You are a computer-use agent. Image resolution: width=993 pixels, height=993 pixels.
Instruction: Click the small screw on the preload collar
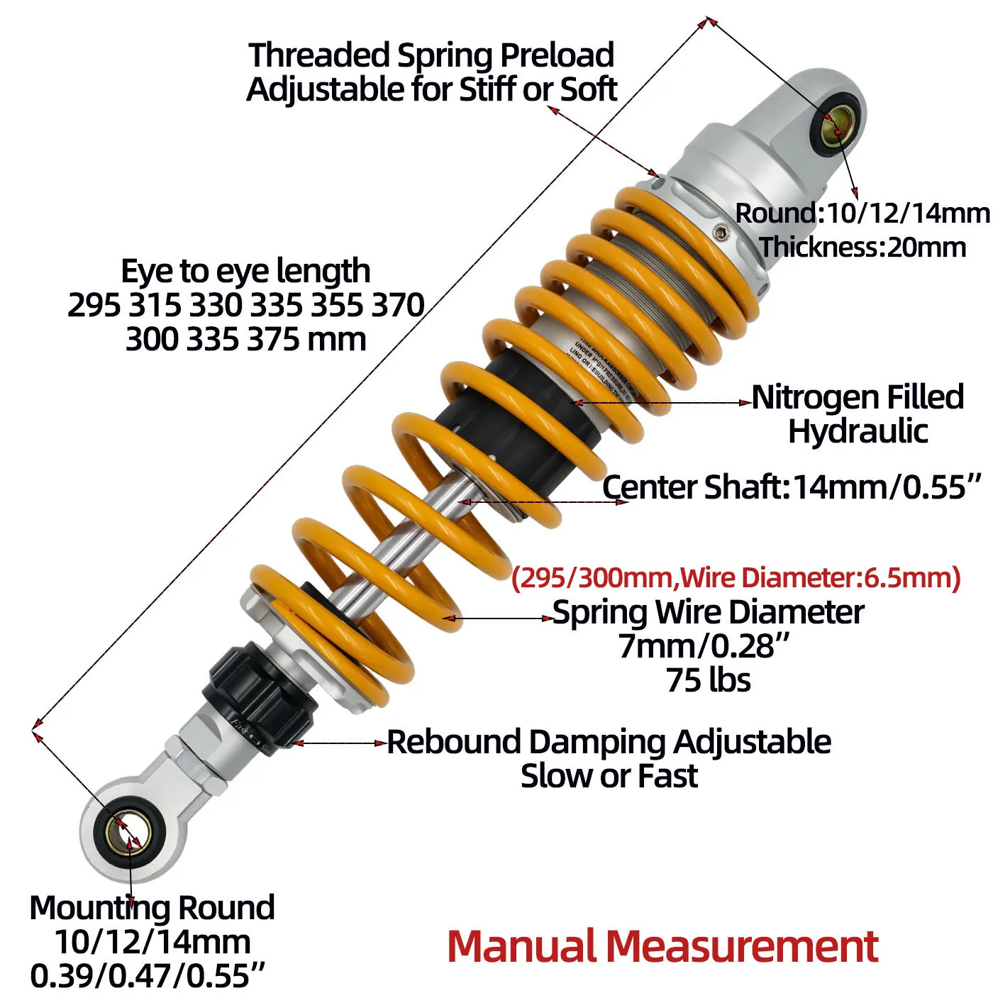tap(720, 231)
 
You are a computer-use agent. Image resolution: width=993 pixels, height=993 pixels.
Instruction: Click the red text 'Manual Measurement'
tap(662, 946)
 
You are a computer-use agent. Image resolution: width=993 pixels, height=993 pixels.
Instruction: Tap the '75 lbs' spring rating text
tap(708, 679)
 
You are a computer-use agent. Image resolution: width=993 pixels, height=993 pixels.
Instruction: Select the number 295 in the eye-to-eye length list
tap(94, 305)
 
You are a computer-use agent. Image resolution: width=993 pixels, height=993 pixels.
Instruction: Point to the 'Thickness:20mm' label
tap(862, 248)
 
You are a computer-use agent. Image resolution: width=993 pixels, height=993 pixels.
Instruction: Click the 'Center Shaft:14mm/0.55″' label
tap(792, 487)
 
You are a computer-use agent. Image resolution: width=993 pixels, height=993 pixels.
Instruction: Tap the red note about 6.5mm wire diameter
tap(736, 578)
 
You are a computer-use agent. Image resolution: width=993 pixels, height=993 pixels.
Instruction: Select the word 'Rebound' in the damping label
tap(454, 743)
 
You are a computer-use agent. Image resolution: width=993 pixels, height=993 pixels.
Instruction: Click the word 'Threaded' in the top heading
tap(319, 55)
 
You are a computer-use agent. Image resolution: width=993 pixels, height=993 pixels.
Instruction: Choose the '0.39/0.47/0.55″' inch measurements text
tap(148, 975)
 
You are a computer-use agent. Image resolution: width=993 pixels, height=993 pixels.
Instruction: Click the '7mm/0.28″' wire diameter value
tap(704, 646)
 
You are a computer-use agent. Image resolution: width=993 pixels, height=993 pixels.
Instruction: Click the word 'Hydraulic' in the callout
tap(858, 431)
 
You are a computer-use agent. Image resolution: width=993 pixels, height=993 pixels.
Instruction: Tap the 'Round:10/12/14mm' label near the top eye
tap(862, 213)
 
